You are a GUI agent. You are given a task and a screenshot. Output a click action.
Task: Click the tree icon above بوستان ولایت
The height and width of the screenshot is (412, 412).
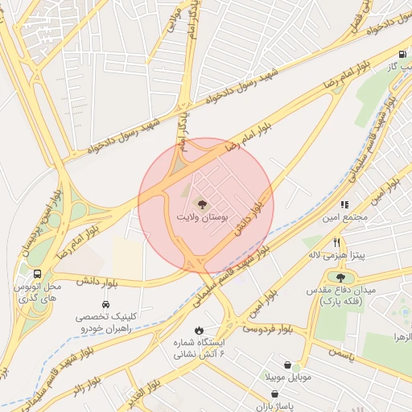pos(200,204)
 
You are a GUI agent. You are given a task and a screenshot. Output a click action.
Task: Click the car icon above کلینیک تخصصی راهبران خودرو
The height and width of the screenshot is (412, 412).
pos(105,305)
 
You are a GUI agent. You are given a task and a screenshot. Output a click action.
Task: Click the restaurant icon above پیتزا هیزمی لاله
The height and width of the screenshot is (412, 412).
pos(336,241)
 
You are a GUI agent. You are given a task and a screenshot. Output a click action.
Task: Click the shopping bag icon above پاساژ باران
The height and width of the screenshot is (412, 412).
pos(276,393)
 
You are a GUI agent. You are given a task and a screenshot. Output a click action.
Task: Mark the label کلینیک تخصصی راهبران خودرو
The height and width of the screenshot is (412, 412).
pos(105,323)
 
